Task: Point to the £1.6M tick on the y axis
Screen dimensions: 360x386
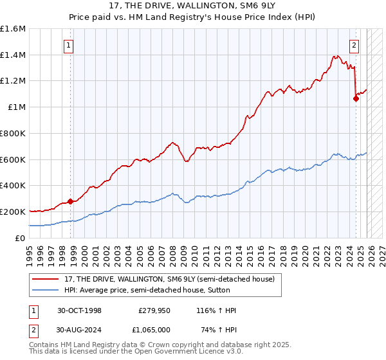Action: (13, 29)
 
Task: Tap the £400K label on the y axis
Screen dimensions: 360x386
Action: (13, 186)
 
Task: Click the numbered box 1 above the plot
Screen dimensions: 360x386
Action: (68, 45)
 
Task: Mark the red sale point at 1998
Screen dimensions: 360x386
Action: (70, 201)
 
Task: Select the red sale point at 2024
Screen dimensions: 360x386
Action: (356, 98)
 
